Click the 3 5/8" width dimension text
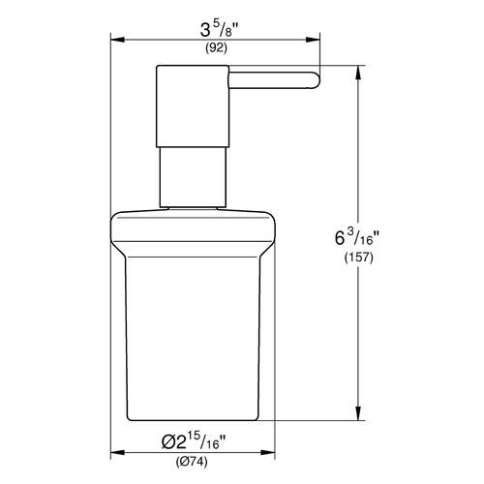click(x=216, y=29)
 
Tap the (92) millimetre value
click(x=216, y=48)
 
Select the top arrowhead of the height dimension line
click(x=363, y=73)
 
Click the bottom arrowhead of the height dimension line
click(x=363, y=419)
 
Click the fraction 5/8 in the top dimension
click(x=231, y=27)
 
